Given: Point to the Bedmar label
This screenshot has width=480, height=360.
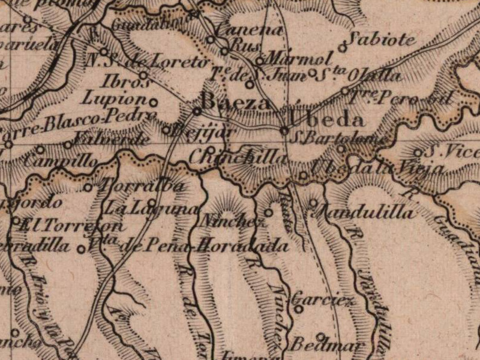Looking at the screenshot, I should [327, 346].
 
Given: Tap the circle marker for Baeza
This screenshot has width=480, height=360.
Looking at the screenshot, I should [197, 111].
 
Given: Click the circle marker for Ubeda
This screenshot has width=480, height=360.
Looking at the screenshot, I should [284, 130].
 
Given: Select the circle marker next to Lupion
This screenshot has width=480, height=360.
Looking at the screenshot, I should [153, 102].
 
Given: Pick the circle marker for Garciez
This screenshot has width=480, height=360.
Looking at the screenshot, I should [298, 309].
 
